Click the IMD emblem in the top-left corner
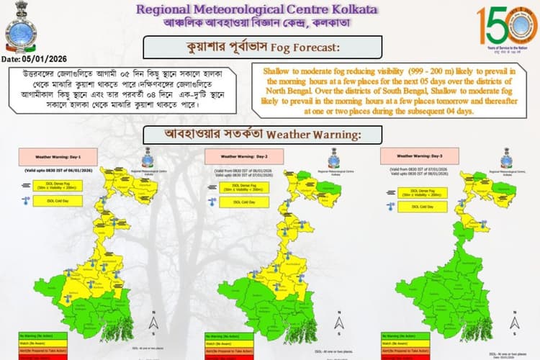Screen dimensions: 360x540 (21, 27)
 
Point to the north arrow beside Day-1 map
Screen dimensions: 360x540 (153, 319)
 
